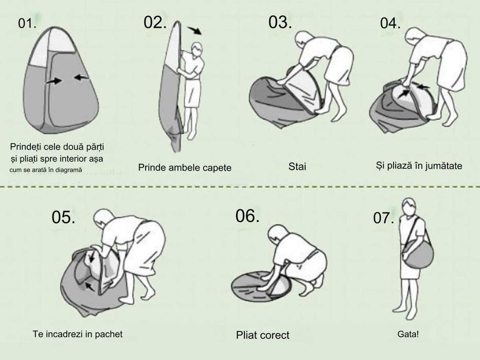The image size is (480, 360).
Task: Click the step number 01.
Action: [x=27, y=24]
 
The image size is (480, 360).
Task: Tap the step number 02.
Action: [x=155, y=22]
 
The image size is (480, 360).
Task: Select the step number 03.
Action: [x=280, y=22]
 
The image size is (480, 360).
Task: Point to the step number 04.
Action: [x=390, y=23]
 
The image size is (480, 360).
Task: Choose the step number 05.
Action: [x=63, y=217]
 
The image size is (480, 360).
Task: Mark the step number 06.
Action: [x=247, y=216]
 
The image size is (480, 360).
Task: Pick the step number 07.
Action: [x=383, y=218]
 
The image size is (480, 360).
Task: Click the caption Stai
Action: [x=297, y=167]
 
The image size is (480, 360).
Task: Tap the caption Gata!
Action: [x=408, y=334]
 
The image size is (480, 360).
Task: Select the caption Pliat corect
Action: [x=263, y=335]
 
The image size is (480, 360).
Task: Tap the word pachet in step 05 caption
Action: [x=109, y=334]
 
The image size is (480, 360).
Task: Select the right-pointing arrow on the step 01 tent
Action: [x=54, y=81]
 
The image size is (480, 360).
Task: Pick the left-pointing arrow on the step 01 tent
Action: [x=82, y=78]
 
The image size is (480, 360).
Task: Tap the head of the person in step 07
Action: [x=410, y=206]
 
